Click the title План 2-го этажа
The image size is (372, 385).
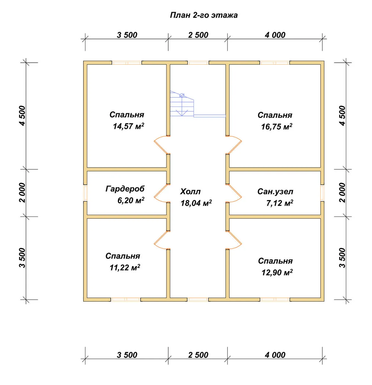[x=203, y=15]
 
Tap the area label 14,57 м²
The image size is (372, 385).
[x=129, y=126]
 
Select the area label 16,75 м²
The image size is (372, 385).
[x=277, y=127]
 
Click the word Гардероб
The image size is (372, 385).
[x=125, y=189]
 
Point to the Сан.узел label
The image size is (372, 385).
[x=275, y=192]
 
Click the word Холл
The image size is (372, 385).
[x=190, y=192]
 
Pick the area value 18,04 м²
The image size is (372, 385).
[x=196, y=203]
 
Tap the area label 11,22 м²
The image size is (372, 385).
[x=125, y=268]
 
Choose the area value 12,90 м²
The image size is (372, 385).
[x=277, y=273]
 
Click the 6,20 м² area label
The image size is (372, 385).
[x=131, y=200]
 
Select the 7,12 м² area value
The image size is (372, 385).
[x=280, y=203]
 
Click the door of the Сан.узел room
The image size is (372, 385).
[x=234, y=193]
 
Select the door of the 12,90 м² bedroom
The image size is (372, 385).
[x=234, y=240]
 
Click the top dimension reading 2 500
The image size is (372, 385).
[x=198, y=35]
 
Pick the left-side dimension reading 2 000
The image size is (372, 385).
[x=23, y=193]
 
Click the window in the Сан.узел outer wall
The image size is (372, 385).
[x=322, y=193]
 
